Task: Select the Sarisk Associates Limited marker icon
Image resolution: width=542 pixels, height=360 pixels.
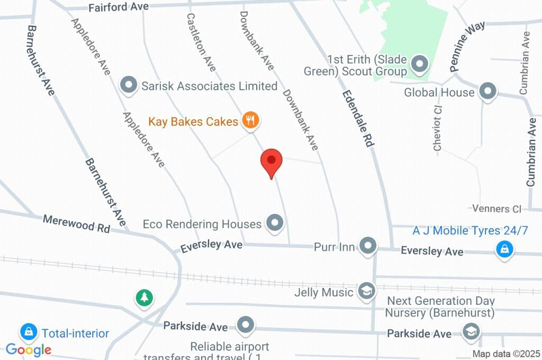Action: (128, 85)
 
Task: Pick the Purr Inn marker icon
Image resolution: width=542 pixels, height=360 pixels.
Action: (368, 246)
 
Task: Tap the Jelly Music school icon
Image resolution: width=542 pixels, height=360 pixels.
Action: (366, 291)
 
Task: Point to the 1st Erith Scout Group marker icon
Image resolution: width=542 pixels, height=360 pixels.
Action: (420, 65)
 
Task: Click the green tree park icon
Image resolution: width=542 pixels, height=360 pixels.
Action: (143, 297)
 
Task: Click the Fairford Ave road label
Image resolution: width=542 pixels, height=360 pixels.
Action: (119, 7)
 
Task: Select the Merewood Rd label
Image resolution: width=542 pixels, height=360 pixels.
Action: (76, 223)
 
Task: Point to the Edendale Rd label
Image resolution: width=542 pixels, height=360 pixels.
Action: (359, 118)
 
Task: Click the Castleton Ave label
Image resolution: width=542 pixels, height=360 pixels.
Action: (201, 42)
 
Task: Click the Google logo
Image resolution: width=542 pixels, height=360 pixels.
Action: (29, 349)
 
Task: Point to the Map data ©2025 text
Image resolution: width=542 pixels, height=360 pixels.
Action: (505, 354)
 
